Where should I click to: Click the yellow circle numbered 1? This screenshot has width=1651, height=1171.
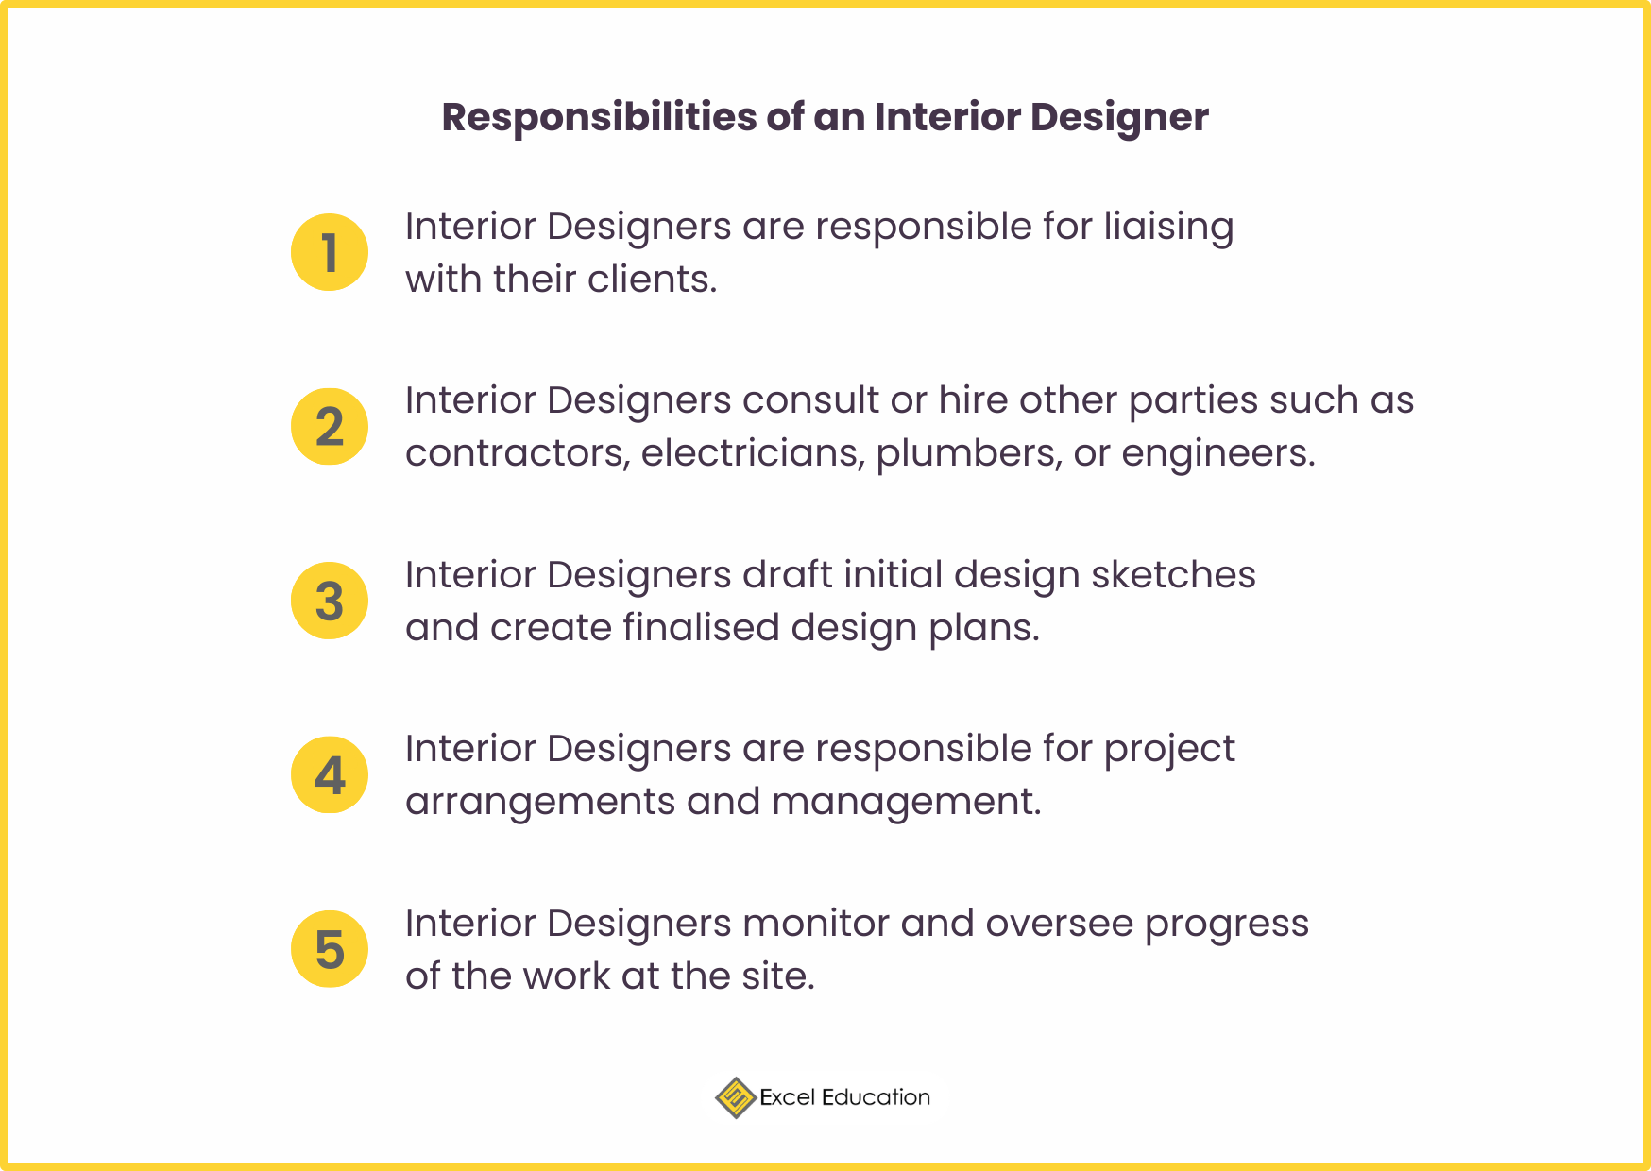tap(329, 252)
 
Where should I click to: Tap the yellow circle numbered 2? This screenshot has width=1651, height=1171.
tap(329, 427)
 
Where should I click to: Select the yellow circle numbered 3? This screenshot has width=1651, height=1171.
tap(329, 601)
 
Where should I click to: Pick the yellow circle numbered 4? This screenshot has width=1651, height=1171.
tap(329, 775)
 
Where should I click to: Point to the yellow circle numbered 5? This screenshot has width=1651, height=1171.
tap(329, 949)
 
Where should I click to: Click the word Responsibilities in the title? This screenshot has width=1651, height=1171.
tap(599, 117)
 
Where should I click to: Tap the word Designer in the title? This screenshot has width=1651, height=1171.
tap(1119, 117)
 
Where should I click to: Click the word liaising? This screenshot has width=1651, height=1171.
tap(1168, 228)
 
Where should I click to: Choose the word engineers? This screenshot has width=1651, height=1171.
tap(1217, 454)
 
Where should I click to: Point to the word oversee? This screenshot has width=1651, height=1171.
tap(1059, 924)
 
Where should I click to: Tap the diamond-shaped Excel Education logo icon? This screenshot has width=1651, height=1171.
tap(735, 1097)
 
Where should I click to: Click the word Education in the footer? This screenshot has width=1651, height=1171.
tap(876, 1097)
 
